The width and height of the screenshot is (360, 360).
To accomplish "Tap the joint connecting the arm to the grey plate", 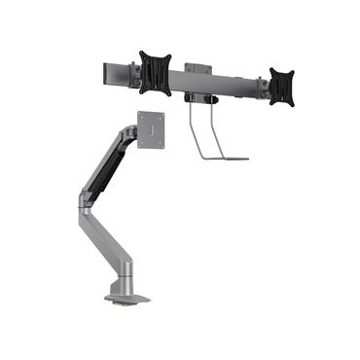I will pos(130,129).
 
